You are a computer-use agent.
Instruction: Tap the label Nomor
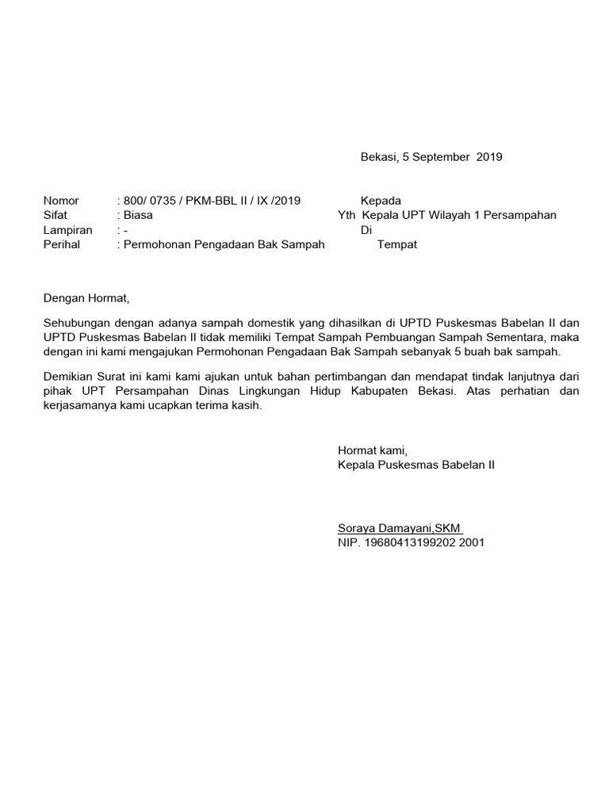(x=61, y=201)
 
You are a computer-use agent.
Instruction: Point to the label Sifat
(x=56, y=215)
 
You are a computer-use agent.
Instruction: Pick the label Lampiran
(x=67, y=230)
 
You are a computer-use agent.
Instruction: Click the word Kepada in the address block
(x=381, y=201)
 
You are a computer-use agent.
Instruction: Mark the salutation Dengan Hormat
(x=85, y=299)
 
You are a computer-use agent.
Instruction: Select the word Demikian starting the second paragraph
(x=69, y=377)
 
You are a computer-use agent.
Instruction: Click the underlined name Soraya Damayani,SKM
(x=400, y=528)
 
